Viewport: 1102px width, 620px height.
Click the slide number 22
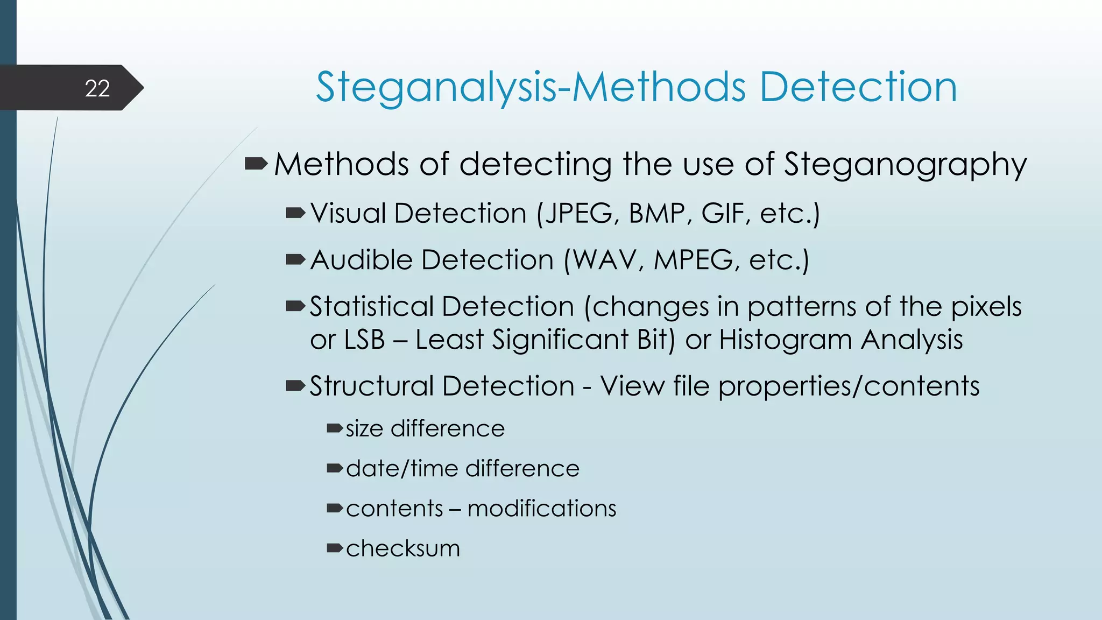coord(97,88)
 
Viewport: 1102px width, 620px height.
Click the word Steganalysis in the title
coord(436,87)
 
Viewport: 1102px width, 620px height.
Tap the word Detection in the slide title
coord(858,87)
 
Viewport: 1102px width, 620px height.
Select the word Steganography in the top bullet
coord(905,165)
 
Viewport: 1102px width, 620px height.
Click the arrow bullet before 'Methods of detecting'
coord(256,163)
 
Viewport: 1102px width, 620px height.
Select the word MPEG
coord(694,260)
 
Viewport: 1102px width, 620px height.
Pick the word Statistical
coord(371,307)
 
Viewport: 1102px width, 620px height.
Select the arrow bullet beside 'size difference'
coord(334,428)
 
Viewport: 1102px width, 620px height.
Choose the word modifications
coord(541,509)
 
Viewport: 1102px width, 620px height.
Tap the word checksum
coord(403,548)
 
